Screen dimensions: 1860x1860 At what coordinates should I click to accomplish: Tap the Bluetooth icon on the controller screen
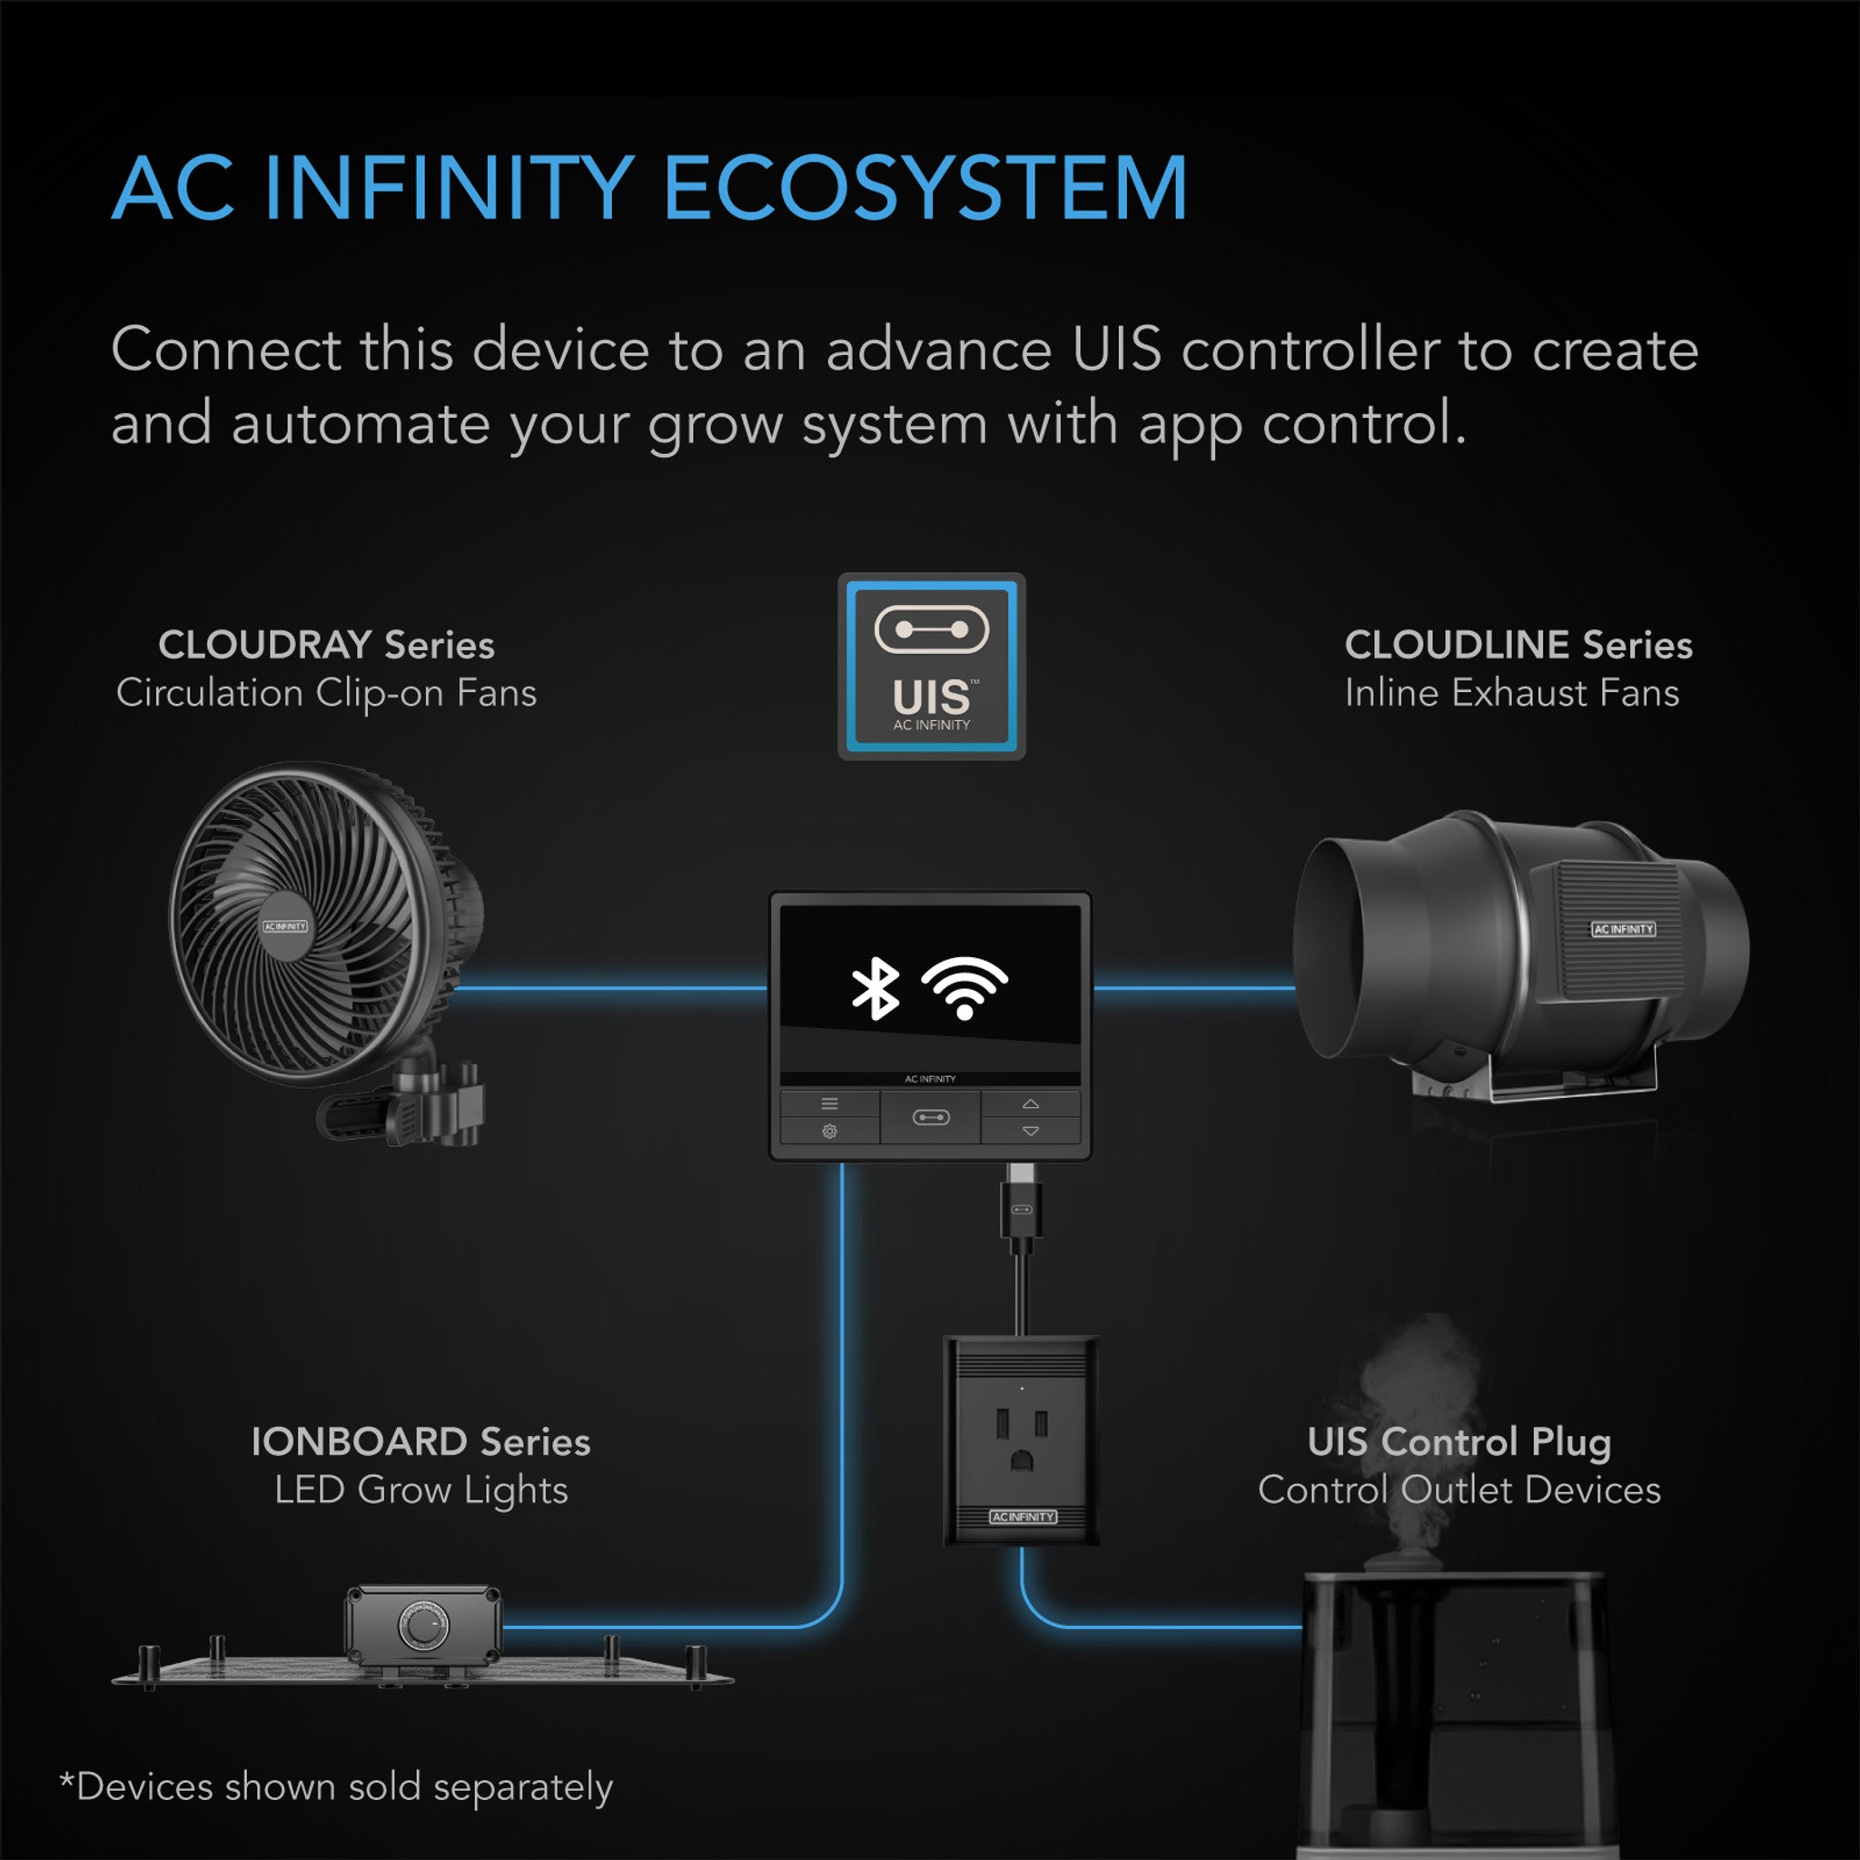(875, 989)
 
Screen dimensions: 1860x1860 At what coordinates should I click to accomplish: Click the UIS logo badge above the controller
(931, 667)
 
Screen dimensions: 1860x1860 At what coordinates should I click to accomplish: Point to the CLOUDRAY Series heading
(326, 645)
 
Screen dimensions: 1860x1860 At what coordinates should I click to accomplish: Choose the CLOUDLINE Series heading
(1518, 645)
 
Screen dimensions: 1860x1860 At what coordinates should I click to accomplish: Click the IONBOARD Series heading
(420, 1442)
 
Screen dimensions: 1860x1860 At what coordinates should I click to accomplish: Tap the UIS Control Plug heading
(1459, 1442)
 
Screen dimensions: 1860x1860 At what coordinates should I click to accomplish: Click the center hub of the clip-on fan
(285, 926)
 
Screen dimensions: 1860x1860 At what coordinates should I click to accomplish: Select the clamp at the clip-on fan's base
(423, 1107)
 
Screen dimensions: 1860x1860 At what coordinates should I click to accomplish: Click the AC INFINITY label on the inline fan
(1623, 929)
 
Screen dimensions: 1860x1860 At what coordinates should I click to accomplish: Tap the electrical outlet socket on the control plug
(1022, 1440)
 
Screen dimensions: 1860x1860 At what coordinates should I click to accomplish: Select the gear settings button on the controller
(829, 1132)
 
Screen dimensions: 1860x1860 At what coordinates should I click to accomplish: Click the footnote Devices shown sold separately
(337, 1786)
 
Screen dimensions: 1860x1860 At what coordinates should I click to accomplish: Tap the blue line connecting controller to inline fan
(1193, 988)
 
